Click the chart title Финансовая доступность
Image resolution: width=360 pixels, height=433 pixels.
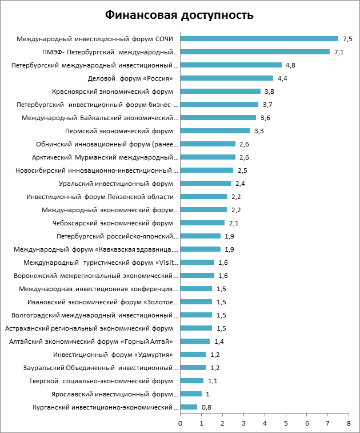[179, 15]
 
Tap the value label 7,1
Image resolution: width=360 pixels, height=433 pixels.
[339, 52]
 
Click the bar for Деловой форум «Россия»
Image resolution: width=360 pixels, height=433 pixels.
[226, 78]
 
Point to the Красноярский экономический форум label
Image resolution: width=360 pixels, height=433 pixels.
[112, 92]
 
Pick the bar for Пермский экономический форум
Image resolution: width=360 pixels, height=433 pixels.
[215, 131]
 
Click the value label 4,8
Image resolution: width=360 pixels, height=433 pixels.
[290, 65]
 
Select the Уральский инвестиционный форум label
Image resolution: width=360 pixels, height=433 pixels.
[116, 184]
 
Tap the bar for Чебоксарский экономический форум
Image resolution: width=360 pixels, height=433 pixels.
[202, 223]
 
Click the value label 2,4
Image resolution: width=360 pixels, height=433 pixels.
[239, 184]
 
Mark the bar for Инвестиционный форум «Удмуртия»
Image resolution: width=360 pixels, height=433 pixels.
[193, 355]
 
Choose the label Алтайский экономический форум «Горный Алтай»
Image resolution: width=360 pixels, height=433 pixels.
[91, 341]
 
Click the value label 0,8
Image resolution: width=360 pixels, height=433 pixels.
[206, 407]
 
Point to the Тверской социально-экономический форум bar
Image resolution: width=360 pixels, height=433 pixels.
[191, 381]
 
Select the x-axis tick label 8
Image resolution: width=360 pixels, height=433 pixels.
[349, 423]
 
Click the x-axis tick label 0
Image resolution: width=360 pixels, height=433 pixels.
[180, 423]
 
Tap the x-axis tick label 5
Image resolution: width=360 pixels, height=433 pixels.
[285, 423]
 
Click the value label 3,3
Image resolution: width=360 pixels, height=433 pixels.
[258, 131]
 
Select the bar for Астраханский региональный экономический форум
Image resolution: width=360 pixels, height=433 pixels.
[196, 328]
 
